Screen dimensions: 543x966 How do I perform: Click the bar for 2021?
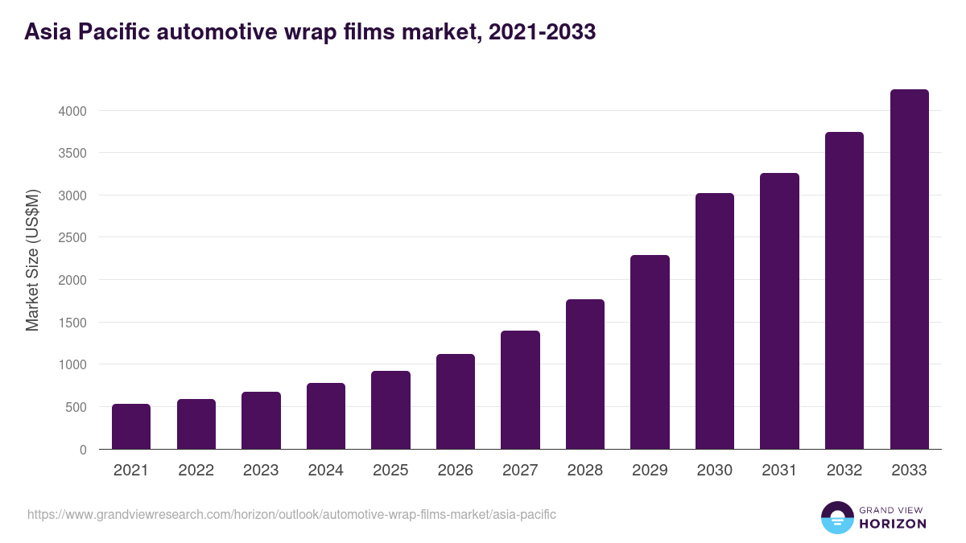tap(131, 426)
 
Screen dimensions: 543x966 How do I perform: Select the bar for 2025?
tap(390, 410)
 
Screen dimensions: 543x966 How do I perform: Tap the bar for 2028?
tap(585, 374)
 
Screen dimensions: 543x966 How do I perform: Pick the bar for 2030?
tap(715, 322)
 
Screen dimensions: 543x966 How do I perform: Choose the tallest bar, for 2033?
tap(909, 269)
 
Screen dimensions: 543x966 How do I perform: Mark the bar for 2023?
tap(261, 421)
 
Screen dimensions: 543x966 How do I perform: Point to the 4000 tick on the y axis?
tap(72, 110)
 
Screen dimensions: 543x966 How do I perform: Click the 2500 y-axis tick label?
tap(72, 237)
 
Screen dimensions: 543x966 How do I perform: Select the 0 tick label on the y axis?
tap(83, 450)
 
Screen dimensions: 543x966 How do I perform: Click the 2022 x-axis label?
tap(196, 471)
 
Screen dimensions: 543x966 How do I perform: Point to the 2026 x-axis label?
tap(456, 471)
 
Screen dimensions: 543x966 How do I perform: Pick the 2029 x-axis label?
tap(650, 471)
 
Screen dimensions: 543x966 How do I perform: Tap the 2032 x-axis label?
tap(844, 471)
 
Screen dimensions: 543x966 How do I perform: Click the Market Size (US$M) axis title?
tap(32, 259)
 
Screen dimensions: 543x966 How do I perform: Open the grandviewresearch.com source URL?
tap(291, 514)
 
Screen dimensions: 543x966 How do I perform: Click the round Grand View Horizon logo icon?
tap(836, 517)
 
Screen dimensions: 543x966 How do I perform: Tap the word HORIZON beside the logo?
tap(892, 524)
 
